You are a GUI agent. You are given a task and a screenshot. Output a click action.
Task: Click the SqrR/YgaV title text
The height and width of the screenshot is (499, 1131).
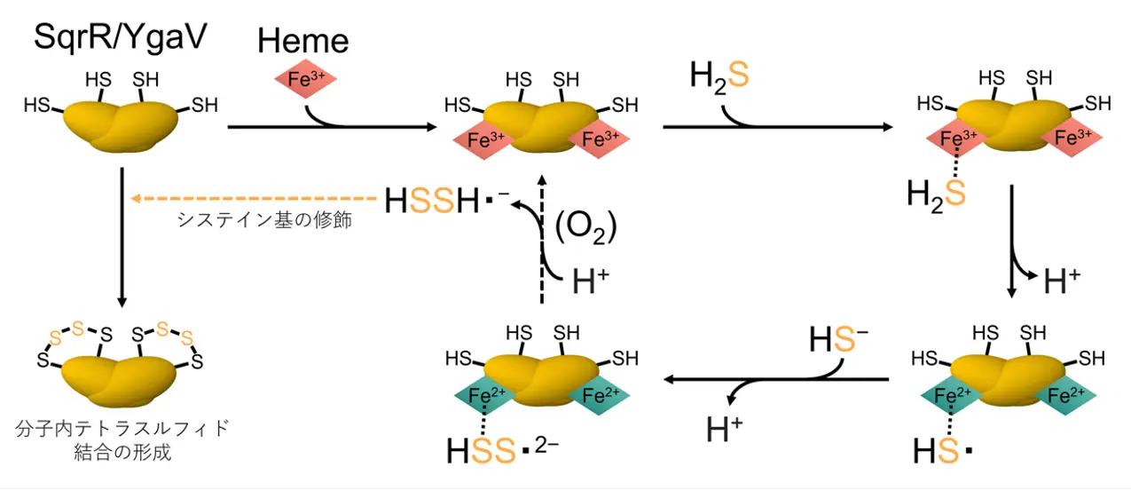coord(121,36)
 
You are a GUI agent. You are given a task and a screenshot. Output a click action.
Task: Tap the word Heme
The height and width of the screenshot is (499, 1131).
coord(303,40)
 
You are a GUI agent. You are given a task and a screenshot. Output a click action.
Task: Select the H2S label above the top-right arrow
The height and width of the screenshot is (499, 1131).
coord(719,75)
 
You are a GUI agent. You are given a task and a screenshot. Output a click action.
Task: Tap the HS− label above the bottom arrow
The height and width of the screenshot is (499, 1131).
coord(838,337)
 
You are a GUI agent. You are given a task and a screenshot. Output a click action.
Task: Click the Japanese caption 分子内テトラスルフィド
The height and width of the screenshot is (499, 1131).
coord(122,429)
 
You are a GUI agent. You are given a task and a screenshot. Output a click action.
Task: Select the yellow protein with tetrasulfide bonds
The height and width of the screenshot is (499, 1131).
coord(122,376)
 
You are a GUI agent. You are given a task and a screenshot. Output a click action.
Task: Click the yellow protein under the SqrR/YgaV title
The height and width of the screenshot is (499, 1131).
coord(121,127)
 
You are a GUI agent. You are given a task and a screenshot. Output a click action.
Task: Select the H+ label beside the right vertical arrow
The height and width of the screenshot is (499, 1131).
coord(1061,281)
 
